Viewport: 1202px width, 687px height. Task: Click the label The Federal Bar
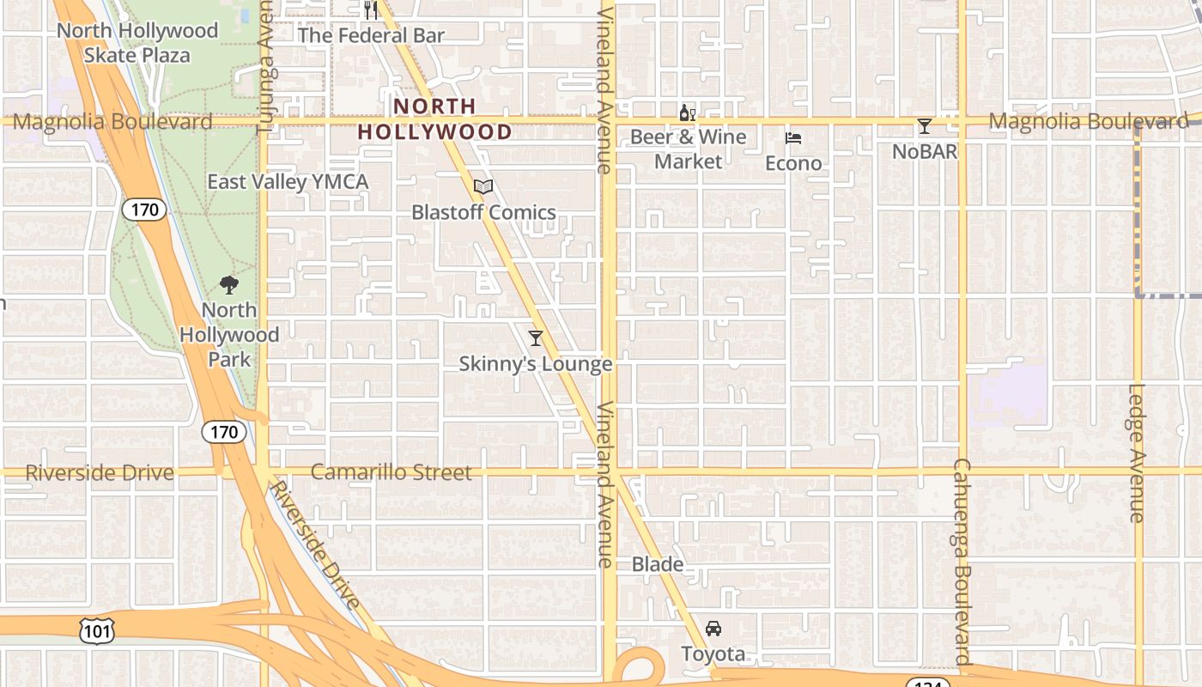pos(371,35)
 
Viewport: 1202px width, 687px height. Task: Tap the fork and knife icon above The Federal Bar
pos(371,9)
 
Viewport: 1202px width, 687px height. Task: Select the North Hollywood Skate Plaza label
pos(137,43)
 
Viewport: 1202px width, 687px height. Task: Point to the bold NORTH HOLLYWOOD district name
pos(434,119)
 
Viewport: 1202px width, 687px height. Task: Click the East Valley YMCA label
pos(288,182)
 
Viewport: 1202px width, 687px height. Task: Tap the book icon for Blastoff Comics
pos(483,186)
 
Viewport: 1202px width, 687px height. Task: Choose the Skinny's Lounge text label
pos(536,364)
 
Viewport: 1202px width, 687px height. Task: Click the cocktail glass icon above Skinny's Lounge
pos(536,338)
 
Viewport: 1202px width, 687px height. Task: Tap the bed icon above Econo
pos(793,138)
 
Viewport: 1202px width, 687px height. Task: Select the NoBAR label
pos(924,152)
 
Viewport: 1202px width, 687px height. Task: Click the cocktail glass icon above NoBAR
pos(924,127)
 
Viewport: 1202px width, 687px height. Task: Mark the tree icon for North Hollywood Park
pos(228,284)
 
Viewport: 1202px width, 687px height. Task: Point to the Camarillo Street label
pos(391,472)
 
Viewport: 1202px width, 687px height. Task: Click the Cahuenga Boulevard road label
pos(961,562)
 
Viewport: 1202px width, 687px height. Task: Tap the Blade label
pos(658,564)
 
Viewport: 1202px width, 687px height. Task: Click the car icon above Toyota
pos(713,629)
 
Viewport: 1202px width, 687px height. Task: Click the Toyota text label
pos(713,654)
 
